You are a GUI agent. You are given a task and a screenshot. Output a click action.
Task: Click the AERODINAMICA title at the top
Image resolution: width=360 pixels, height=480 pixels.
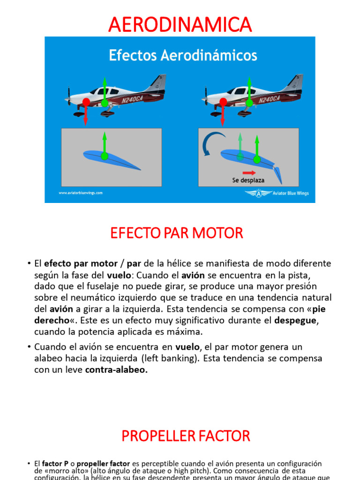(x=180, y=24)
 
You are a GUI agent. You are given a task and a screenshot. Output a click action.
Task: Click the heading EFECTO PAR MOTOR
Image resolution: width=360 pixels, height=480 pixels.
(x=177, y=233)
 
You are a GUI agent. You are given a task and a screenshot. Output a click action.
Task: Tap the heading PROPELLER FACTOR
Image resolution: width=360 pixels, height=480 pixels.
(x=186, y=436)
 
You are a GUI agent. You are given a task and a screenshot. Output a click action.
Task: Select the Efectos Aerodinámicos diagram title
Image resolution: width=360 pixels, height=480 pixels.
(x=183, y=56)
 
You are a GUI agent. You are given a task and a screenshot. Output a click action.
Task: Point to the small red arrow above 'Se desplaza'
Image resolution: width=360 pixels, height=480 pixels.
(x=249, y=172)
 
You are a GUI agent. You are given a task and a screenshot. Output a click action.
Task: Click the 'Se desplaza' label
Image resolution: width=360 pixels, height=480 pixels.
(x=248, y=180)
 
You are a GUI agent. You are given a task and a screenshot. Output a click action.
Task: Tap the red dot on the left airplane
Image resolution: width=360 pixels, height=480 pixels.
(x=86, y=102)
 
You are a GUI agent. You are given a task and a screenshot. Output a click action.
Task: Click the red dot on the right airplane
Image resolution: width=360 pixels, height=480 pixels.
(x=223, y=102)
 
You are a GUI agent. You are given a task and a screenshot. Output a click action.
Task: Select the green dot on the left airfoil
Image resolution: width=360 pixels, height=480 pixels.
(x=104, y=156)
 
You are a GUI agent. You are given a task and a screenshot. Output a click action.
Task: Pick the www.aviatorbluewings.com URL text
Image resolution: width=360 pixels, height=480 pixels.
(x=81, y=193)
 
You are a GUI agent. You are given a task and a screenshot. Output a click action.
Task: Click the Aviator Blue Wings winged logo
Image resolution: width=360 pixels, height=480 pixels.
(x=258, y=193)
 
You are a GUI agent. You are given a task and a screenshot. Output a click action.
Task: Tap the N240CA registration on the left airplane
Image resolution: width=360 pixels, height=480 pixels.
(x=132, y=100)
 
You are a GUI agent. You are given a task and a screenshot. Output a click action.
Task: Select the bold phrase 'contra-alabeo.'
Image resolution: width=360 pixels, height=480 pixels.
(x=116, y=369)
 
